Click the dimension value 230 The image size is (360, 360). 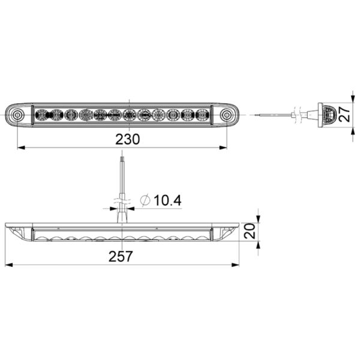click(x=127, y=139)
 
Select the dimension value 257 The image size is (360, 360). click(x=122, y=256)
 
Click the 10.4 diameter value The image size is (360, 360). click(x=167, y=200)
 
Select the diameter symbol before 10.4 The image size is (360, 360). click(x=145, y=200)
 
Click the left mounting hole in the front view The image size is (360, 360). click(x=19, y=114)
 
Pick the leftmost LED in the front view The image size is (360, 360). click(x=43, y=114)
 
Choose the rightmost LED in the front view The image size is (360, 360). click(x=202, y=114)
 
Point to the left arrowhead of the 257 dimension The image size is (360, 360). click(x=8, y=265)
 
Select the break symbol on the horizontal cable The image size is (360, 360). click(x=295, y=113)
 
